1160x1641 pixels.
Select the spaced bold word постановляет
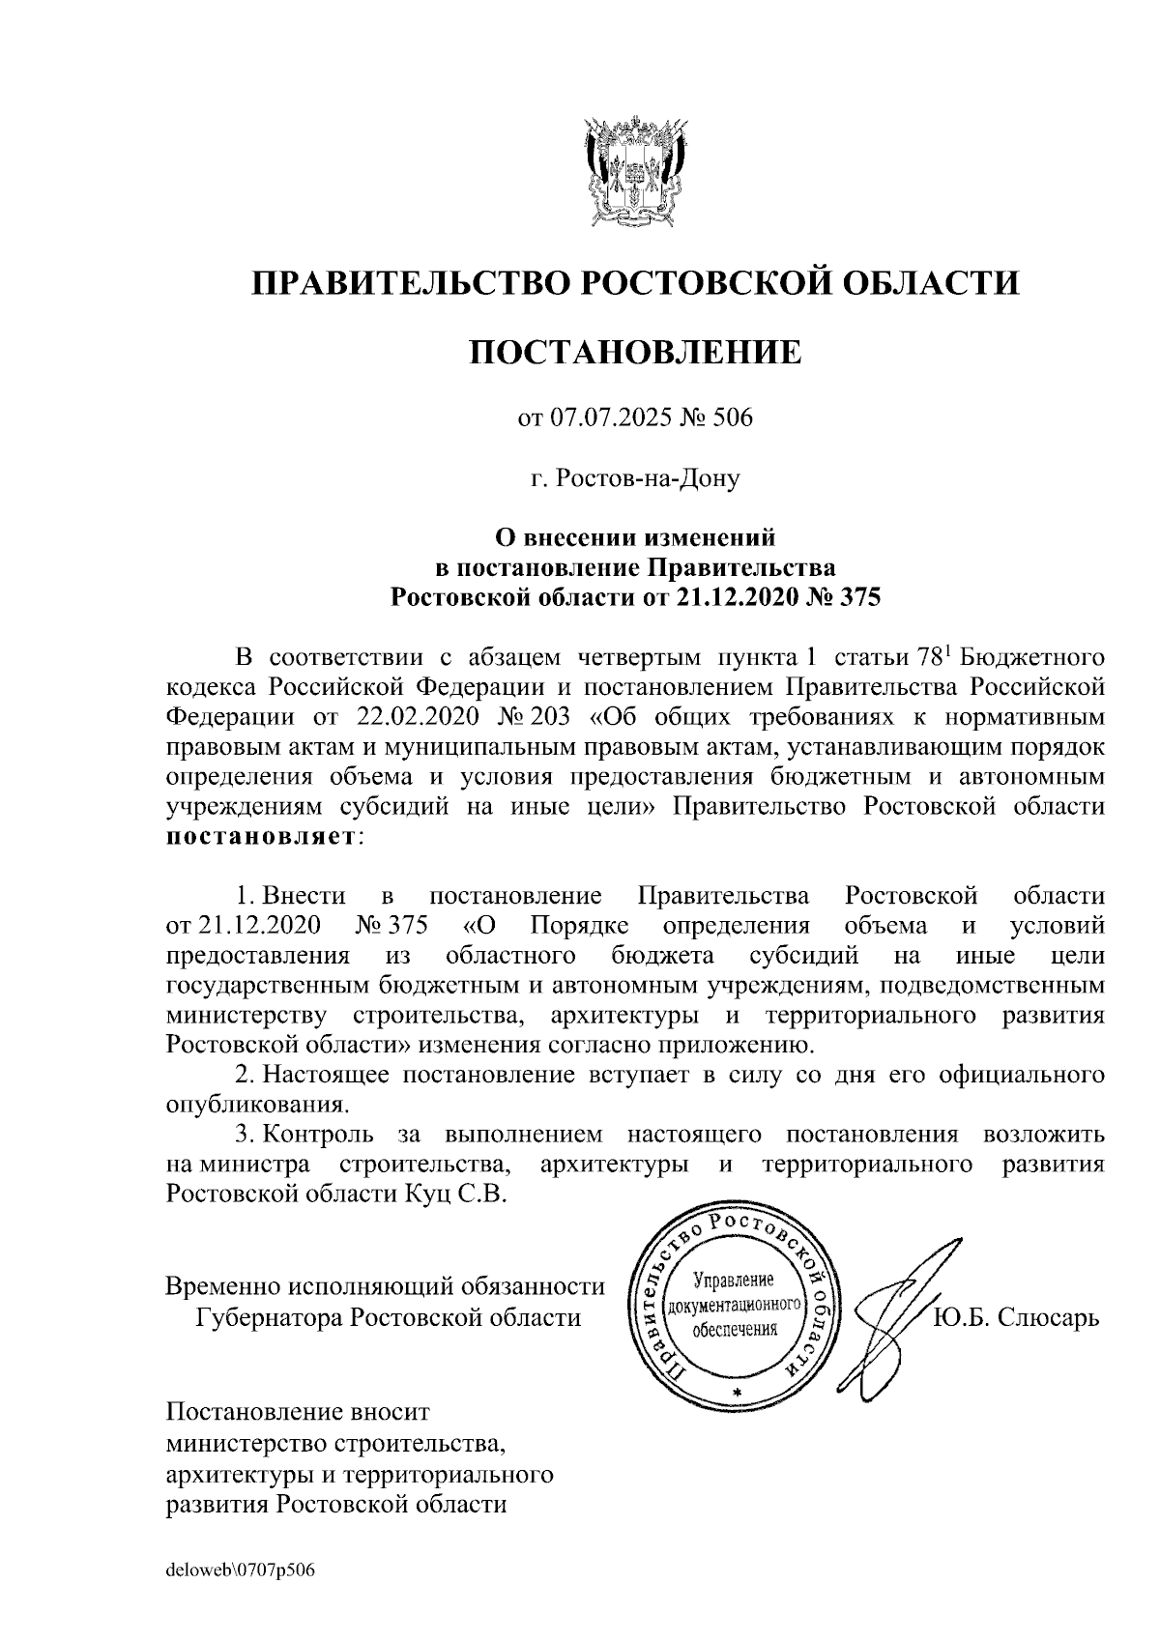[261, 837]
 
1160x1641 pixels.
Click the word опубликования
[256, 1105]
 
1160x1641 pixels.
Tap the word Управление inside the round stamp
[735, 1281]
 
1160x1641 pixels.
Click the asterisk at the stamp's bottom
[737, 1392]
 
